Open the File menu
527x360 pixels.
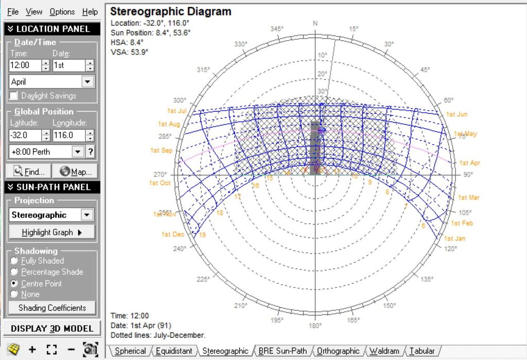pos(13,12)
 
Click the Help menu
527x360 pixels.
pos(90,12)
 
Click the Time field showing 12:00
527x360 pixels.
pos(25,65)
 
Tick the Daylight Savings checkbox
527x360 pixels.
pos(13,96)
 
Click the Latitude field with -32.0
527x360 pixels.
pos(25,135)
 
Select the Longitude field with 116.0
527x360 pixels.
pos(68,135)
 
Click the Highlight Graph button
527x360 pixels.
pos(52,232)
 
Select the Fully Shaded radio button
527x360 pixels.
pos(14,261)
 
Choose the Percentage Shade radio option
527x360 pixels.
pos(14,272)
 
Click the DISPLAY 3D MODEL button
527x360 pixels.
pos(52,329)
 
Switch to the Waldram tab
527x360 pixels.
pos(384,351)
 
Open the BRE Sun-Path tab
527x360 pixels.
pos(283,351)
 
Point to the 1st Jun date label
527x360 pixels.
pos(456,114)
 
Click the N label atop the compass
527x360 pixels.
pos(315,24)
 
